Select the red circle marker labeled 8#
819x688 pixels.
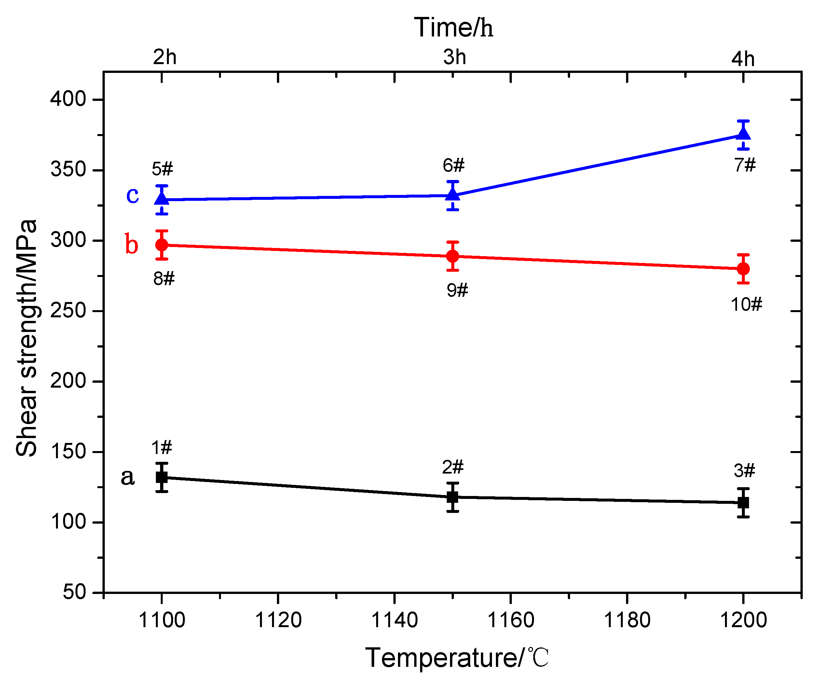[x=162, y=245]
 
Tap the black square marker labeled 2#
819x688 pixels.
[x=452, y=497]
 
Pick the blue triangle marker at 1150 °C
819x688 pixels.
[x=452, y=194]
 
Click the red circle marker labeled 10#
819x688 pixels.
[x=743, y=269]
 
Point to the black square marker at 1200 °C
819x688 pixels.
[x=743, y=503]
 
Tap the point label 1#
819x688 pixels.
[x=161, y=447]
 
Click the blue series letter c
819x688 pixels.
[x=132, y=195]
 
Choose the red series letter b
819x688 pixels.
[x=131, y=244]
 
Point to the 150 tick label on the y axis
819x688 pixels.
[x=68, y=452]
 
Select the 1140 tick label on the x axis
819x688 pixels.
[x=394, y=620]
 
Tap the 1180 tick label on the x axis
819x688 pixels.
[x=627, y=620]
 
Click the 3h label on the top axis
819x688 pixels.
[x=454, y=57]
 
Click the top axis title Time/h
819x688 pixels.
[x=453, y=28]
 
